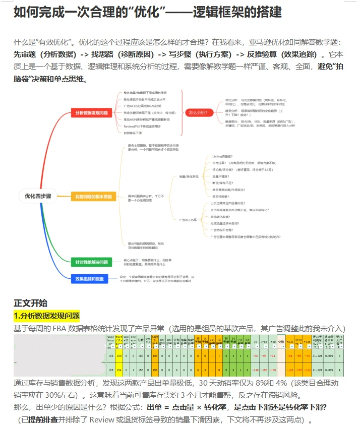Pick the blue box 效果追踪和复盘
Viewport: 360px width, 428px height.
[x=90, y=278]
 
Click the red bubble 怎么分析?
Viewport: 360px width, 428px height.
[x=200, y=112]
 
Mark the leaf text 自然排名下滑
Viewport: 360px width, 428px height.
[x=133, y=133]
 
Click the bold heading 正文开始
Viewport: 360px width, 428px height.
[x=30, y=303]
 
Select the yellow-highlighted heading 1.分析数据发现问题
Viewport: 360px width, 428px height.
[x=46, y=316]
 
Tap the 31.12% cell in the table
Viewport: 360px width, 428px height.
[x=318, y=355]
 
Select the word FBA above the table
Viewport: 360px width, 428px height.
[x=59, y=328]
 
